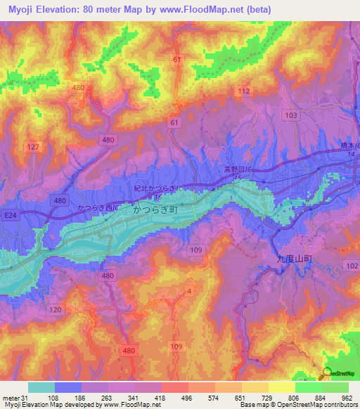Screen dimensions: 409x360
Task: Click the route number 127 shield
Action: pyautogui.click(x=32, y=146)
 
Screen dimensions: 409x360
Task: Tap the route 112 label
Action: pyautogui.click(x=244, y=91)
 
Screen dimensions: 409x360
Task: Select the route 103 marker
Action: pyautogui.click(x=292, y=115)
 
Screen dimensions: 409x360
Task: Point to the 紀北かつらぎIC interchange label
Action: pyautogui.click(x=159, y=190)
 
